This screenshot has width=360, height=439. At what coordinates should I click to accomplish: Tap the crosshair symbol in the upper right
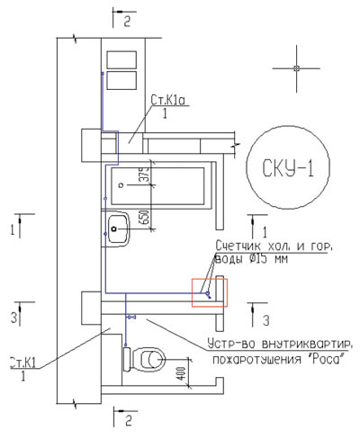(296, 69)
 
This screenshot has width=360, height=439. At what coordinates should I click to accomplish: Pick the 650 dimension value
(142, 217)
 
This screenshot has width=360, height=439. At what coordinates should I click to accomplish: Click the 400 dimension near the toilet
(183, 372)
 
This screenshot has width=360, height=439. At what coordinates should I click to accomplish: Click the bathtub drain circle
(123, 184)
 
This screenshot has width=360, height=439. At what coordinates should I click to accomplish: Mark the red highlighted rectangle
(211, 293)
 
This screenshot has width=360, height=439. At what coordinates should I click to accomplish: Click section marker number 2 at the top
(127, 19)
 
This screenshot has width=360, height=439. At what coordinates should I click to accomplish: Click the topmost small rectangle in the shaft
(121, 58)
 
